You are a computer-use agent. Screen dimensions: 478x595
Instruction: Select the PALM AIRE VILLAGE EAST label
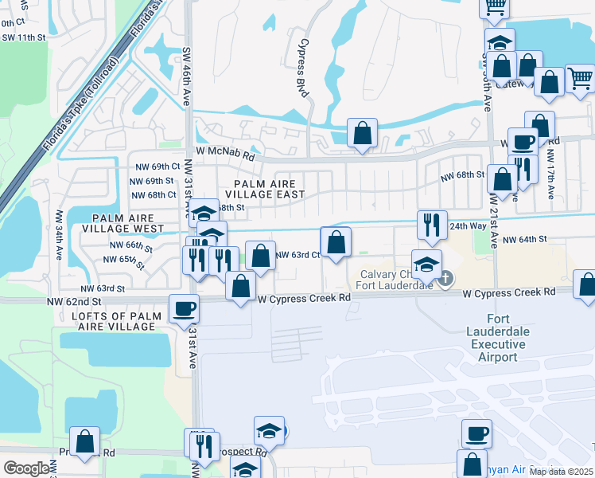(x=265, y=188)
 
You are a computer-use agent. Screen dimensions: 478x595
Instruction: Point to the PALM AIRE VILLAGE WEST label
(x=128, y=223)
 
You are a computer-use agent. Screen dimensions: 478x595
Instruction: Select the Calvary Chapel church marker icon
(x=445, y=278)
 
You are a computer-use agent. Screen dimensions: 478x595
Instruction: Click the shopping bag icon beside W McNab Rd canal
(x=362, y=134)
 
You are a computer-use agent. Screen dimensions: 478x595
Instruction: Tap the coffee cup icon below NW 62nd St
(x=184, y=308)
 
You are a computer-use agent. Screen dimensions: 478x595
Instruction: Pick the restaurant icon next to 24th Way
(x=430, y=224)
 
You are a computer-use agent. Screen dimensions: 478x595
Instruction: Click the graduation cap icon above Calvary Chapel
(x=426, y=263)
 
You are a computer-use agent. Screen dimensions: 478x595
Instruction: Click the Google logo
(x=27, y=468)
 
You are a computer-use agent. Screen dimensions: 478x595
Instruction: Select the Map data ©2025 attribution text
(x=561, y=472)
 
